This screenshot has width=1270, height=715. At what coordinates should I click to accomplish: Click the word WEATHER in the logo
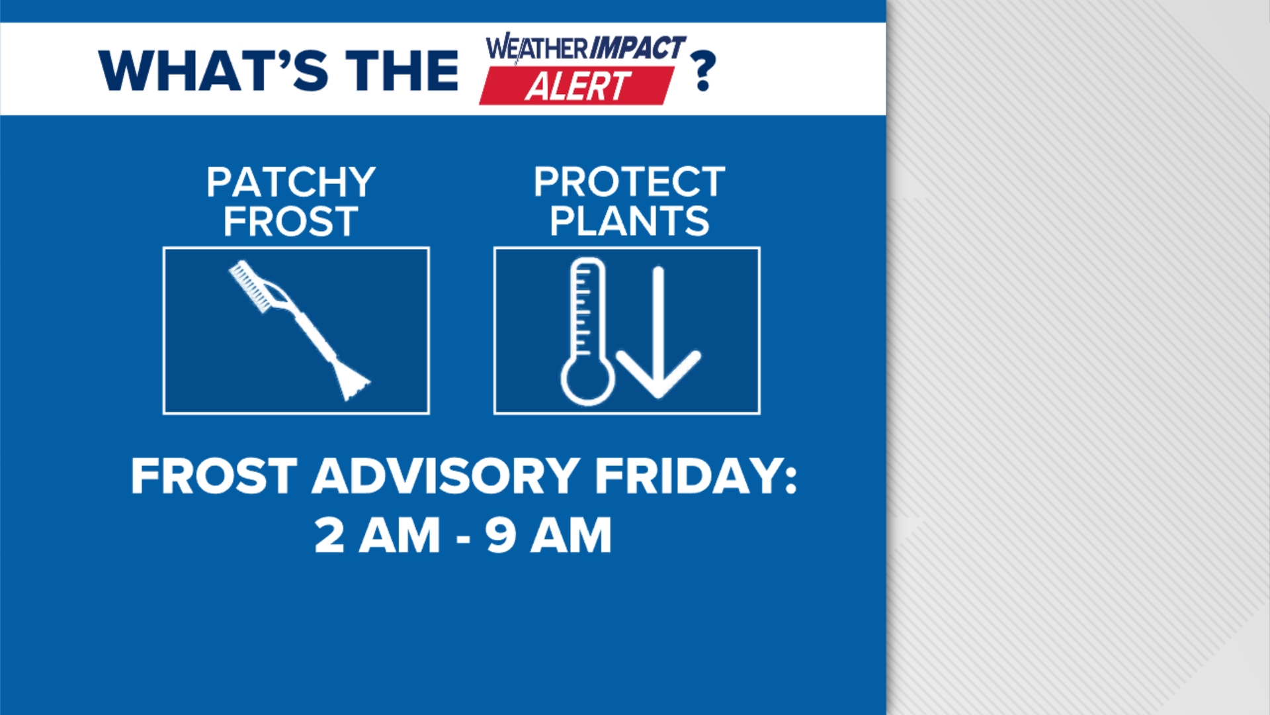pyautogui.click(x=536, y=48)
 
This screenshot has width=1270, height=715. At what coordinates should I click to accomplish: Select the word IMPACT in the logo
pyautogui.click(x=636, y=48)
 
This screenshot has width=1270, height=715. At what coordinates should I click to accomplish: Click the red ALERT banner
pyautogui.click(x=577, y=87)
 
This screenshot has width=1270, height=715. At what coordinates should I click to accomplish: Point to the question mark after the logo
pyautogui.click(x=702, y=71)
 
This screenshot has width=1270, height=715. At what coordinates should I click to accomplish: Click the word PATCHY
pyautogui.click(x=290, y=182)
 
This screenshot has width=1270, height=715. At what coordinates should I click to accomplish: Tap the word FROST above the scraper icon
pyautogui.click(x=290, y=222)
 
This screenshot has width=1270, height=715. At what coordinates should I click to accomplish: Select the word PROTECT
pyautogui.click(x=629, y=182)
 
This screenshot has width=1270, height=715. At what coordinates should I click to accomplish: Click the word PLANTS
pyautogui.click(x=629, y=222)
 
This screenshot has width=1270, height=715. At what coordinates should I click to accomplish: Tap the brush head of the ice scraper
pyautogui.click(x=251, y=285)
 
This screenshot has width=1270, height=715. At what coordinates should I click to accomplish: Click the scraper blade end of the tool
pyautogui.click(x=351, y=384)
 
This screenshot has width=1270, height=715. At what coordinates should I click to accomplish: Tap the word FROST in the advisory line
pyautogui.click(x=214, y=476)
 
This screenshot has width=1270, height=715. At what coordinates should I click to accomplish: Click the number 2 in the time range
pyautogui.click(x=329, y=536)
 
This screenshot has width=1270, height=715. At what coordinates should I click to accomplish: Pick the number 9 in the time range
pyautogui.click(x=501, y=536)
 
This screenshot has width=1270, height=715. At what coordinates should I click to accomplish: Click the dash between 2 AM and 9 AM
pyautogui.click(x=463, y=538)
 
